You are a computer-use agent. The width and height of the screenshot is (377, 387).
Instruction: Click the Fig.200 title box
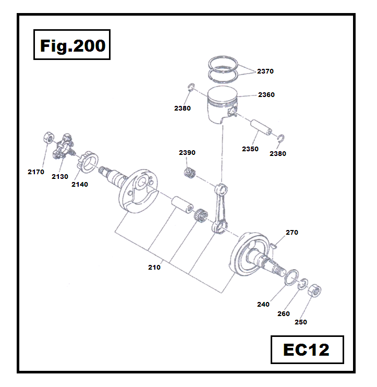click(72, 46)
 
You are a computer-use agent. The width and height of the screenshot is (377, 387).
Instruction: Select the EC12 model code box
click(307, 349)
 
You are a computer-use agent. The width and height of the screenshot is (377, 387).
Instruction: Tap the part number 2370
click(265, 71)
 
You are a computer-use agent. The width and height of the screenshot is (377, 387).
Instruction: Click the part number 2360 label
click(266, 95)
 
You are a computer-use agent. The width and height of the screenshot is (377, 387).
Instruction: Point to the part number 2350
click(250, 149)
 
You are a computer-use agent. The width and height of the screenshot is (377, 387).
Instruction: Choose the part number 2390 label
click(187, 153)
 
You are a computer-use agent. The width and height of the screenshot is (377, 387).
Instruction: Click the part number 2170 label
click(36, 172)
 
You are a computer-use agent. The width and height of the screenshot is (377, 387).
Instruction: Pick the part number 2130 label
click(59, 177)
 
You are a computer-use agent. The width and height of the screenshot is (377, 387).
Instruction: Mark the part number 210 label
click(154, 268)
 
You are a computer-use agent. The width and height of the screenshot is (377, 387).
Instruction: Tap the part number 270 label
click(291, 233)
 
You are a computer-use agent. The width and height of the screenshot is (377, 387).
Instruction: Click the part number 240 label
click(263, 305)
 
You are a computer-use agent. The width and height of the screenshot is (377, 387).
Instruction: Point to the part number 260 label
click(283, 314)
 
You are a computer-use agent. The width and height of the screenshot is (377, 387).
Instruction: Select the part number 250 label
click(301, 322)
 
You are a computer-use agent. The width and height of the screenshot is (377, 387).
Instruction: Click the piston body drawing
click(222, 107)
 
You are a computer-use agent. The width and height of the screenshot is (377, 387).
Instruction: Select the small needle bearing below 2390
click(190, 173)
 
